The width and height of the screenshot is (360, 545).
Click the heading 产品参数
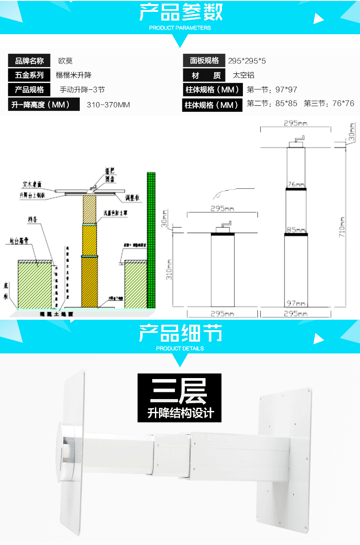180,12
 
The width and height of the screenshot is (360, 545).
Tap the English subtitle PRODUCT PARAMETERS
180,28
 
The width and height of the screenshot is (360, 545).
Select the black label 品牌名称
30,61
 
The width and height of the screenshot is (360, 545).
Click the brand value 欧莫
66,61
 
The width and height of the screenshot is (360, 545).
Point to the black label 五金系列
30,75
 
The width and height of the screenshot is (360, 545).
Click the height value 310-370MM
108,105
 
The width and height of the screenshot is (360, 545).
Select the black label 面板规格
205,61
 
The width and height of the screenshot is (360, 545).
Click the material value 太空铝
243,75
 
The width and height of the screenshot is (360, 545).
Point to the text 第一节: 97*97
272,90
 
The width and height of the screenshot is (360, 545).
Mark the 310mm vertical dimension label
169,270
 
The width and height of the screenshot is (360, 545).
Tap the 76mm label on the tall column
296,185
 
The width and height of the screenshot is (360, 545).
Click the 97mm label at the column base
296,303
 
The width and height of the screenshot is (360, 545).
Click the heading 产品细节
180,333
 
